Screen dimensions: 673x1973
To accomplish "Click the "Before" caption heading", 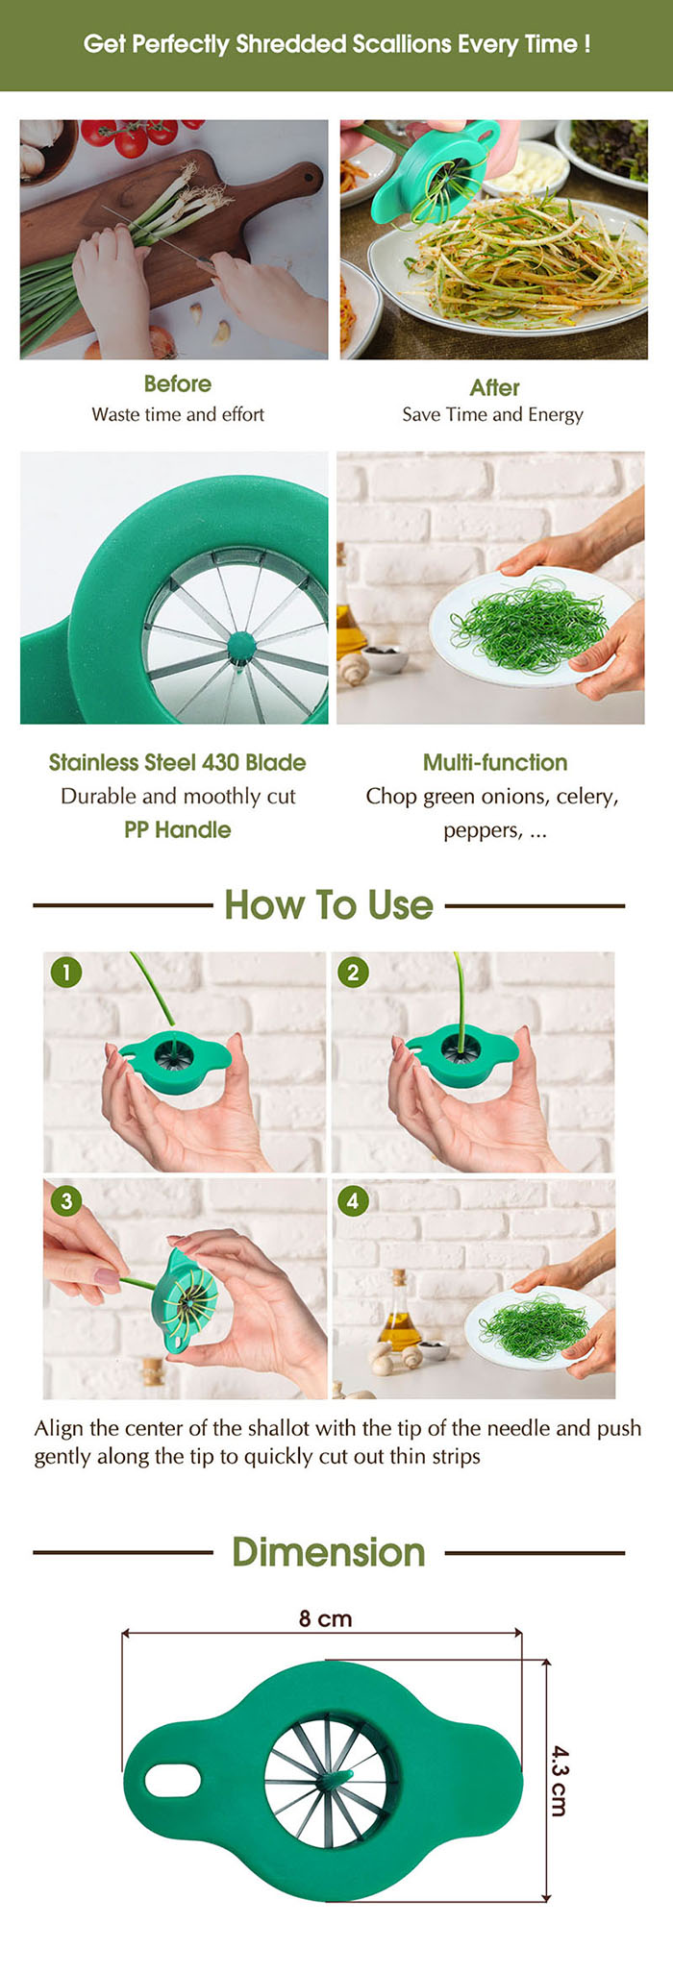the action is (178, 383).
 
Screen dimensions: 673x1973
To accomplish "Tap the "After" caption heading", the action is (494, 387).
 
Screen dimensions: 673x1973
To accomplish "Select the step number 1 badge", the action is (66, 972).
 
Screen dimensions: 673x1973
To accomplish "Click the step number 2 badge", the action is (353, 972).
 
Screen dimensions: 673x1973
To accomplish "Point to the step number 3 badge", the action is (66, 1200).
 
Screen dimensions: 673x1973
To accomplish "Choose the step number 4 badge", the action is (353, 1200).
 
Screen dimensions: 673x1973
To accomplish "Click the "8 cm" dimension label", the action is (325, 1618).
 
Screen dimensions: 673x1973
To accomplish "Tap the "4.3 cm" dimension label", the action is (559, 1780).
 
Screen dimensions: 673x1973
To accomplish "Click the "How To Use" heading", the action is (329, 904).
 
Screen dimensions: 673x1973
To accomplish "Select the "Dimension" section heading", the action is (329, 1552).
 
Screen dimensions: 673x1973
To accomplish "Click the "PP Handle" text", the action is (178, 829).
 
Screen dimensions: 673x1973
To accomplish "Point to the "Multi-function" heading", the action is (495, 762).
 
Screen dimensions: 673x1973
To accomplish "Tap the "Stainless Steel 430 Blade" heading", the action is (178, 762).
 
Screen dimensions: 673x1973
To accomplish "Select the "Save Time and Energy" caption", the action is (492, 414).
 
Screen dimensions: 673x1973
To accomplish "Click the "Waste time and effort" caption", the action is (178, 414).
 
